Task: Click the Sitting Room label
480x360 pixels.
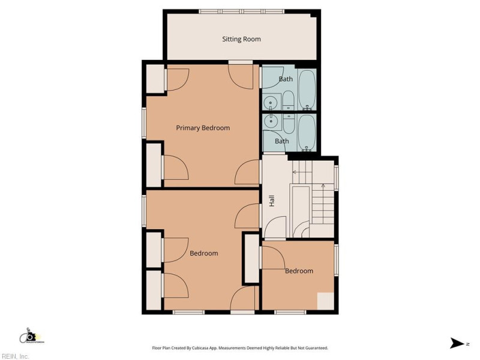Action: click(x=241, y=39)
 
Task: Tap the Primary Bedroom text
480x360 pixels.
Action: click(x=202, y=128)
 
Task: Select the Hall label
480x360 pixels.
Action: click(x=272, y=202)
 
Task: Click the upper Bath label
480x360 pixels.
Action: click(x=286, y=79)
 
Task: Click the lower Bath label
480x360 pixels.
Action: click(x=281, y=141)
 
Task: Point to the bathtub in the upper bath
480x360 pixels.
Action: click(x=307, y=89)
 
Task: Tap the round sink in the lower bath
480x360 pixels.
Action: click(x=272, y=122)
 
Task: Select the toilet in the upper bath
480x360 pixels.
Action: click(x=289, y=100)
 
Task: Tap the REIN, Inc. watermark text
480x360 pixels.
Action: click(x=15, y=356)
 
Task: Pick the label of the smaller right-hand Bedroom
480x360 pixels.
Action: click(x=299, y=271)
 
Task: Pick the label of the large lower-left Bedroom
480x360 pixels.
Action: click(x=204, y=253)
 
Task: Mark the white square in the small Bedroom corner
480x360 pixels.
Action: click(x=325, y=301)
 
